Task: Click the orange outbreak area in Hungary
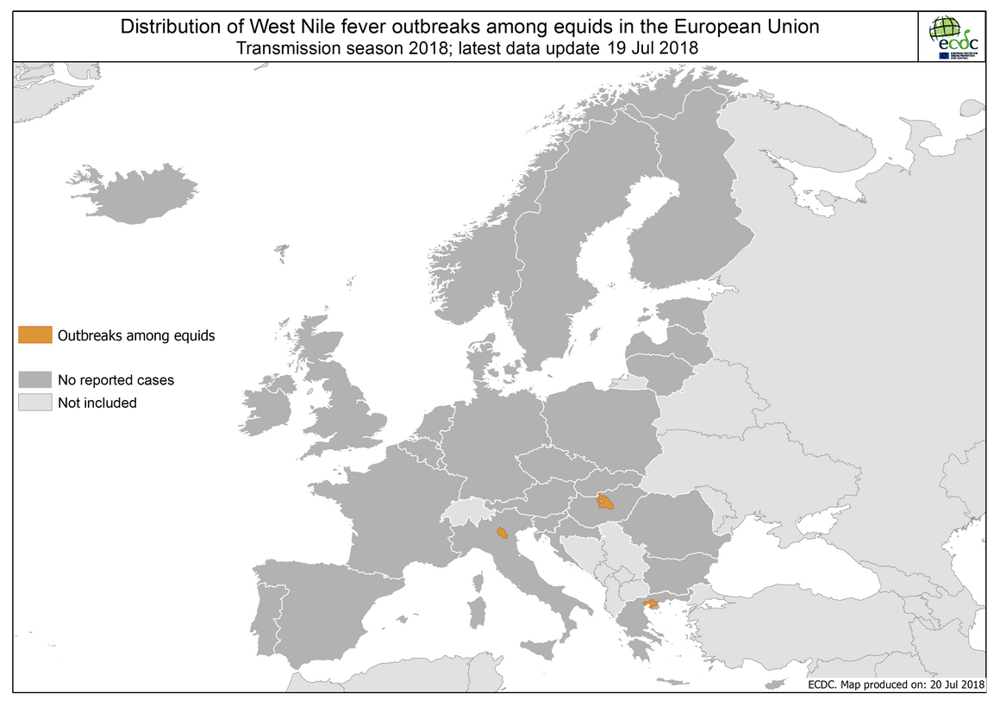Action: pos(605,501)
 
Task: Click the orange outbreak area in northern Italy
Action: pos(502,534)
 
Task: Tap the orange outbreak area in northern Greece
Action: pos(653,603)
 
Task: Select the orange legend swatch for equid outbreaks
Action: pos(34,335)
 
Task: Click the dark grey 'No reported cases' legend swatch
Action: pos(34,379)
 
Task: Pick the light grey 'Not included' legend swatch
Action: pos(34,403)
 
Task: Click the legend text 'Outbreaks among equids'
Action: pos(136,336)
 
